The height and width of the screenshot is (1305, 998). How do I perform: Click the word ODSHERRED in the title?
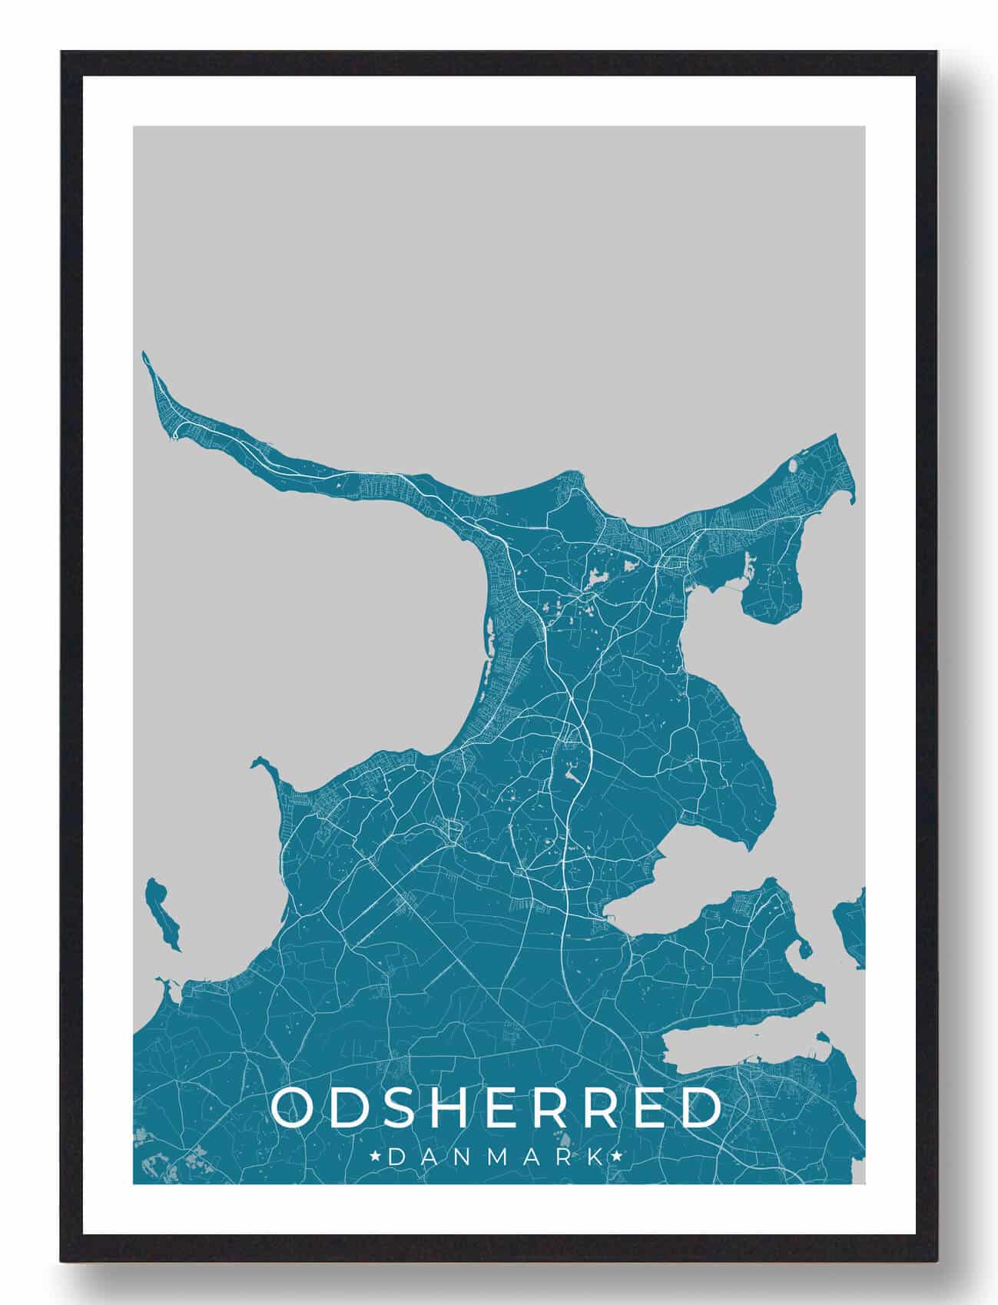tap(497, 1107)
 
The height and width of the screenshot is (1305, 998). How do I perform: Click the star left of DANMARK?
tap(374, 1156)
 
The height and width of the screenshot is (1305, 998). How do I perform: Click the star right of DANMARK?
tap(617, 1156)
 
